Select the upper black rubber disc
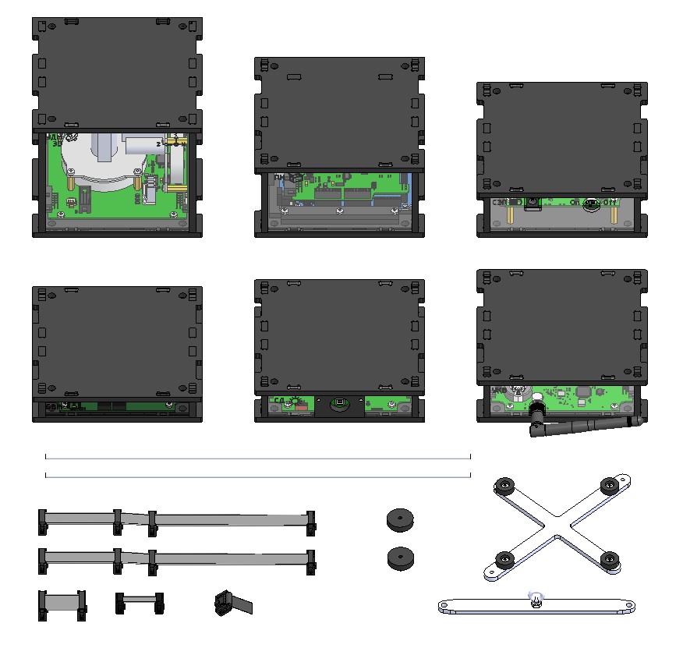click(x=400, y=519)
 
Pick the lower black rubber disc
click(x=400, y=558)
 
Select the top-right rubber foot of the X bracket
click(x=608, y=485)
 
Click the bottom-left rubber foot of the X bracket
click(x=505, y=560)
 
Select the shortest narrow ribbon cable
click(x=140, y=602)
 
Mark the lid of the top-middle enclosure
click(x=339, y=113)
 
